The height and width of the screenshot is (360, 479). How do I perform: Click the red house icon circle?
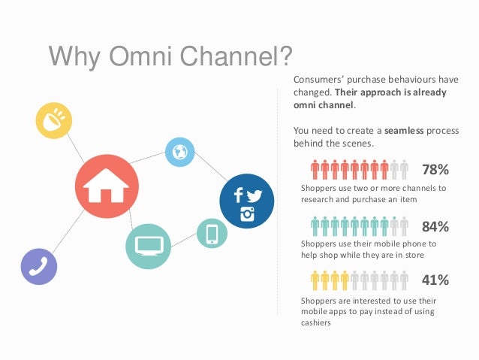[107, 186]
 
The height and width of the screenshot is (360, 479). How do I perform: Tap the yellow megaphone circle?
[54, 120]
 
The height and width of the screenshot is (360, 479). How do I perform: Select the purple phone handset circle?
[39, 266]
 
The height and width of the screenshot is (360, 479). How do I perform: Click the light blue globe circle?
[179, 153]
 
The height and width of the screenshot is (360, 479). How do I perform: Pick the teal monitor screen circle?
[147, 244]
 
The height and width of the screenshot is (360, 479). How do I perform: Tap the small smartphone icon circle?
[212, 234]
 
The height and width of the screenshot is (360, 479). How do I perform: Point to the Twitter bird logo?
[255, 195]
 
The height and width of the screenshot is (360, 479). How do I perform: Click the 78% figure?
[435, 169]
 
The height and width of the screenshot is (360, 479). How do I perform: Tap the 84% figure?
[435, 226]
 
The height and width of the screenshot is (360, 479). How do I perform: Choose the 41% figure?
[435, 280]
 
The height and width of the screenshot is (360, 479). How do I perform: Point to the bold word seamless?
[404, 130]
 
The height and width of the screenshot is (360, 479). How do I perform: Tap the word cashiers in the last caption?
[315, 323]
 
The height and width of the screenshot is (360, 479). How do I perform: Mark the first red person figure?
[315, 169]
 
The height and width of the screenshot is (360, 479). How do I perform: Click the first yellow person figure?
[315, 280]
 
